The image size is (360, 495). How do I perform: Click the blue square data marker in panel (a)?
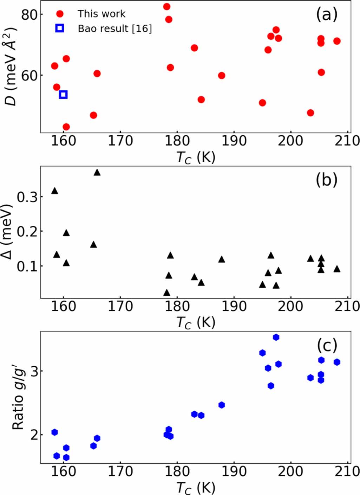(x=63, y=94)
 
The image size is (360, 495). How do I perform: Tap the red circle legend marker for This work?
(x=60, y=14)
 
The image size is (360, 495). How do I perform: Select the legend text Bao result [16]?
(x=114, y=28)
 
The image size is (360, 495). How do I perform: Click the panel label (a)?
(x=326, y=15)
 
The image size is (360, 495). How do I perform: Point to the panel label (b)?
(x=326, y=180)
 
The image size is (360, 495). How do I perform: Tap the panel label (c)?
(x=327, y=346)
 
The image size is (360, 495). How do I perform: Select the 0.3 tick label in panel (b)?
(x=27, y=197)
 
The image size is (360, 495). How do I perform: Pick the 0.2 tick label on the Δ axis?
(x=27, y=232)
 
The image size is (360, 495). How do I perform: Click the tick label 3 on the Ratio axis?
(x=34, y=371)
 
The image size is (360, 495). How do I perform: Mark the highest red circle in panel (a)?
(x=167, y=7)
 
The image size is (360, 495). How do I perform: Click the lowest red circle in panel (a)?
(x=66, y=127)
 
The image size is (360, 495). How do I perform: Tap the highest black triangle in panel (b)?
(x=97, y=172)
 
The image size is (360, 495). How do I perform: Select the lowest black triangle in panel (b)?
(x=167, y=292)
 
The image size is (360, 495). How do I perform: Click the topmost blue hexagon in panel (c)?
(x=276, y=337)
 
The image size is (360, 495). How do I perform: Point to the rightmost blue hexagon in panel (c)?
(x=337, y=362)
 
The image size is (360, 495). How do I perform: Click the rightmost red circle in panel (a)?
(x=337, y=41)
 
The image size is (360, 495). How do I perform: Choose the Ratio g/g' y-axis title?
(x=18, y=397)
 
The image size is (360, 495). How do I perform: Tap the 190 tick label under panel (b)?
(x=234, y=306)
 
